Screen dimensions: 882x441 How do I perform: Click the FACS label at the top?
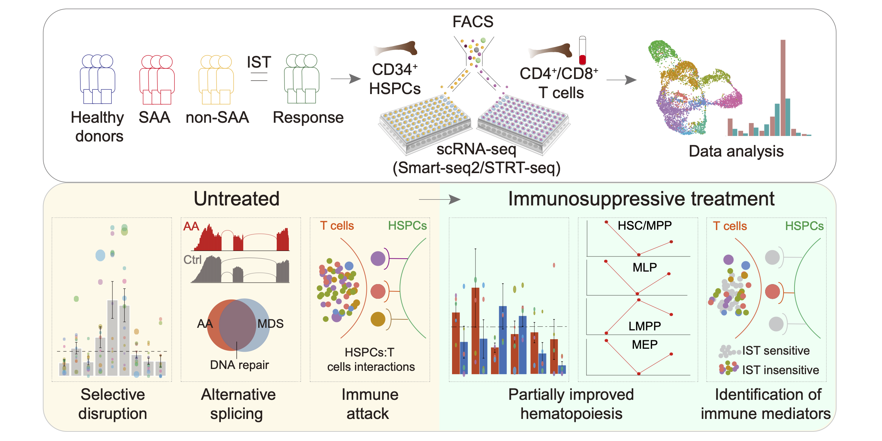[473, 22]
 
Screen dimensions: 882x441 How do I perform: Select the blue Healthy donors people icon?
[98, 79]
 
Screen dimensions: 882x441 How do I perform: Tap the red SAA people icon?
[157, 79]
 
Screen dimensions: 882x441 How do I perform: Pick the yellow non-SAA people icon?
[216, 79]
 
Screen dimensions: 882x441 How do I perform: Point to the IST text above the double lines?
[259, 62]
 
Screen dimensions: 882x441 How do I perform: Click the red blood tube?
[582, 50]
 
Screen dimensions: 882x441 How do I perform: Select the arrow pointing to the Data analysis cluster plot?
[621, 80]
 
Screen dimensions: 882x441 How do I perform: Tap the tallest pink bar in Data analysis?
[783, 88]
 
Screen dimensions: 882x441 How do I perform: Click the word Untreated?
[237, 199]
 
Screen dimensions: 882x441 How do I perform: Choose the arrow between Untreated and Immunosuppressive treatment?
[440, 200]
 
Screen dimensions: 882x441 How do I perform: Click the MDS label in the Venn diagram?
[270, 324]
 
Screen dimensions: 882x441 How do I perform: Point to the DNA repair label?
[239, 365]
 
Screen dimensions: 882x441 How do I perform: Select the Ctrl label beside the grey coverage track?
[193, 260]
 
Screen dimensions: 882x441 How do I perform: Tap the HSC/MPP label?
[645, 225]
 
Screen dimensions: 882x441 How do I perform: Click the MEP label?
[645, 345]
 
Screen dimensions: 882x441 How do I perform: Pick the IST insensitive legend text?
[781, 370]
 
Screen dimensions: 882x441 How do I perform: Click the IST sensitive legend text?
[776, 351]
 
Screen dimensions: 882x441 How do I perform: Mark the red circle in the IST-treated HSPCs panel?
[772, 292]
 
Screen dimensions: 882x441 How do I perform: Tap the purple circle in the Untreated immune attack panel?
[378, 259]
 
